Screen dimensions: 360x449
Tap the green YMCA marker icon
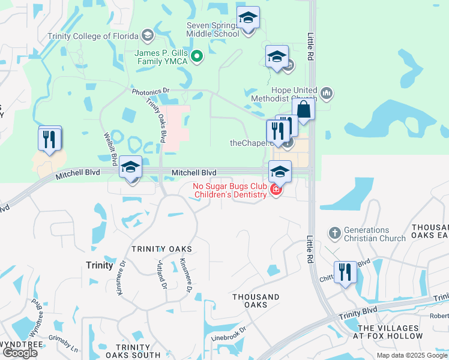click(196, 58)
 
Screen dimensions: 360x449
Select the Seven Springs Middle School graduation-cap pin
click(247, 19)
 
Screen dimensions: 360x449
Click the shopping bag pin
click(304, 110)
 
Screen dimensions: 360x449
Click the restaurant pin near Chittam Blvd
click(345, 272)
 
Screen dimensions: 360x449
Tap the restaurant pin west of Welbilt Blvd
click(50, 139)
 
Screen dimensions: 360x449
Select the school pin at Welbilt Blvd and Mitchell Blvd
click(130, 167)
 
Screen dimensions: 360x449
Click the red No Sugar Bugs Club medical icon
click(276, 190)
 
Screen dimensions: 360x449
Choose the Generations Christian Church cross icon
click(335, 232)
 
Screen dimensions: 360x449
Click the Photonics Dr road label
click(151, 91)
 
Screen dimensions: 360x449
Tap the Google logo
click(20, 353)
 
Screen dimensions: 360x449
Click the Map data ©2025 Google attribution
click(412, 355)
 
